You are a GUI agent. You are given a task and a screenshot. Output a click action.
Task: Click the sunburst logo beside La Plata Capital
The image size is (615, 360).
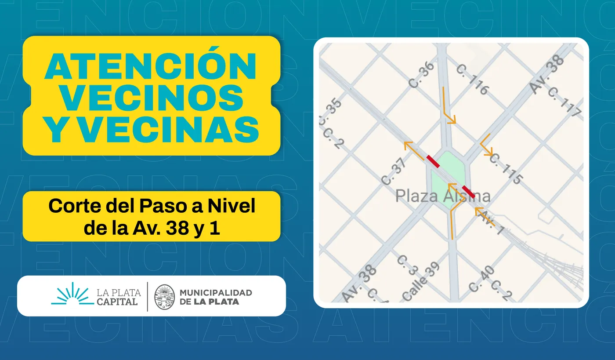(72, 295)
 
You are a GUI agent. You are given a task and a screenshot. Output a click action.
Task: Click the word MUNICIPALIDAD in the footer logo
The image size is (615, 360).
(216, 292)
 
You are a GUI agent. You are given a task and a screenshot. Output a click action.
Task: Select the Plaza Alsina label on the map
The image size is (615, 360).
(443, 196)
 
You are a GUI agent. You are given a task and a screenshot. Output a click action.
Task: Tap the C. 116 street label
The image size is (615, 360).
(472, 80)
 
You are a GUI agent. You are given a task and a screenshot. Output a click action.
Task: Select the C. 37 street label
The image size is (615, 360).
(394, 172)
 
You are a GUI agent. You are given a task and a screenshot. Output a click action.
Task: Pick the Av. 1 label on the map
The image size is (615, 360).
(491, 222)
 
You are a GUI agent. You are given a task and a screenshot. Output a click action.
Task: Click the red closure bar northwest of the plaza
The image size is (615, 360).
(433, 161)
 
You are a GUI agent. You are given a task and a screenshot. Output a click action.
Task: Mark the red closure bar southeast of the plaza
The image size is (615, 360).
(468, 192)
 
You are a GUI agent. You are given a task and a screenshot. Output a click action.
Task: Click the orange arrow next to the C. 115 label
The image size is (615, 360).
(486, 145)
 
